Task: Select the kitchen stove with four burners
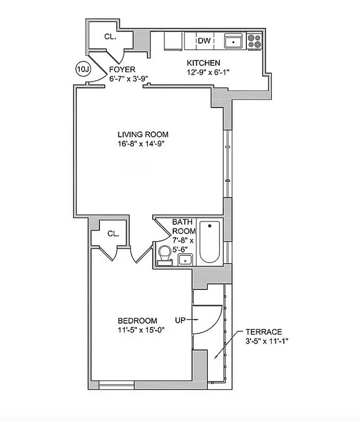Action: coord(255,41)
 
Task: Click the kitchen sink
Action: coord(232,41)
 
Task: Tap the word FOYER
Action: coord(122,69)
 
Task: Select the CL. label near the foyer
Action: coord(110,37)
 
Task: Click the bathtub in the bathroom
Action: coord(210,243)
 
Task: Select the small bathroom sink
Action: coord(184,259)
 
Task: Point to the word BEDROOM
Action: coord(137,320)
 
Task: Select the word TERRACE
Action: coord(264,332)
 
